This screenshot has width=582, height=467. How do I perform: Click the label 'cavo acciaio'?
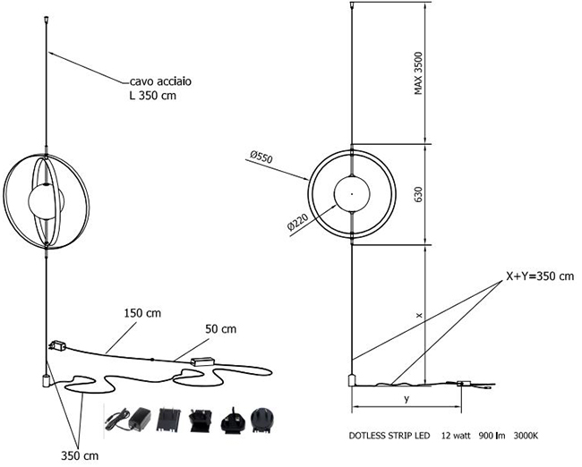(160, 81)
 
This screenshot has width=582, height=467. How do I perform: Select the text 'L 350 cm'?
(152, 96)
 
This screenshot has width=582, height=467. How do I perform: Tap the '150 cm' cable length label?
(142, 313)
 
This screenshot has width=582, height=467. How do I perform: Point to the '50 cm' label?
(220, 329)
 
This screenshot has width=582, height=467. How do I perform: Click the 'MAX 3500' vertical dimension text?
(418, 73)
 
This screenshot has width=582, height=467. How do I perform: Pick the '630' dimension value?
(418, 194)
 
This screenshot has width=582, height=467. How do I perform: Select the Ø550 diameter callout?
(261, 157)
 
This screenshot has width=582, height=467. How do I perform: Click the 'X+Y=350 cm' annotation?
(540, 276)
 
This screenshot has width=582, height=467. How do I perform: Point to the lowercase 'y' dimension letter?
(407, 399)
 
